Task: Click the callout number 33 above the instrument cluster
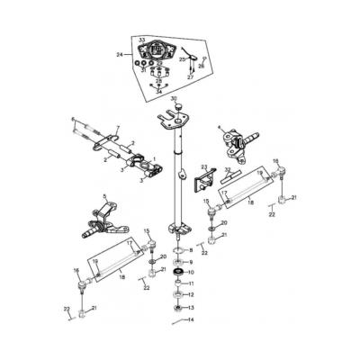tap(141, 40)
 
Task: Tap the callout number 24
tap(120, 55)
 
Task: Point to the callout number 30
tap(175, 99)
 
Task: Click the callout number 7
tap(117, 129)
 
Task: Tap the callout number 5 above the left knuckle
tap(105, 196)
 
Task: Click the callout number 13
tap(190, 308)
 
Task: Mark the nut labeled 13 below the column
tap(177, 308)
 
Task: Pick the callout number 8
tap(190, 249)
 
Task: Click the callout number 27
tap(190, 77)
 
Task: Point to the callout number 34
tap(158, 91)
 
